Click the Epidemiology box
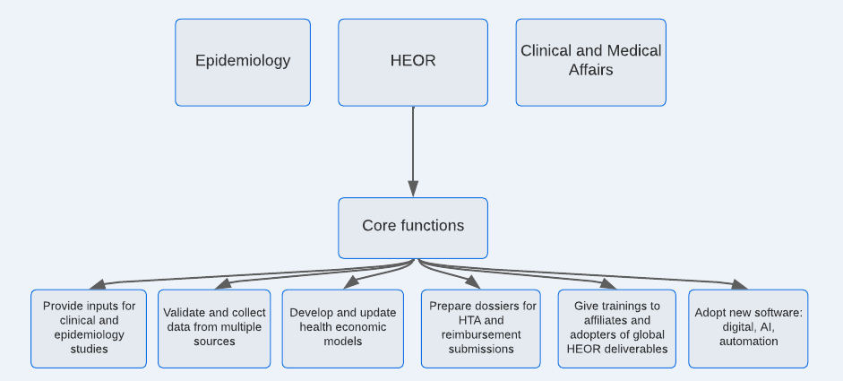tap(243, 63)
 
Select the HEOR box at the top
tap(413, 63)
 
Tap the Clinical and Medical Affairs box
tap(591, 63)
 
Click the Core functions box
tap(413, 229)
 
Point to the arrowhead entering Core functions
tap(413, 189)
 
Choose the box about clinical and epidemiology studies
tap(89, 329)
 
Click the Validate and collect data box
tap(214, 329)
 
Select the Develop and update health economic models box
tap(342, 329)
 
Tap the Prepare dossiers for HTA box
tap(481, 329)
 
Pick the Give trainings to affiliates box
tap(616, 329)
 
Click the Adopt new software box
tap(748, 329)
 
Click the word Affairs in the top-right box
tap(591, 70)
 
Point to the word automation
tap(748, 342)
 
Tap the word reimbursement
tap(481, 334)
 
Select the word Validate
tap(182, 313)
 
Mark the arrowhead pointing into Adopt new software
tap(739, 285)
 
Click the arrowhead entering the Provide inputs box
tap(98, 285)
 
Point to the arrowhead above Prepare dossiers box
tap(473, 283)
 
